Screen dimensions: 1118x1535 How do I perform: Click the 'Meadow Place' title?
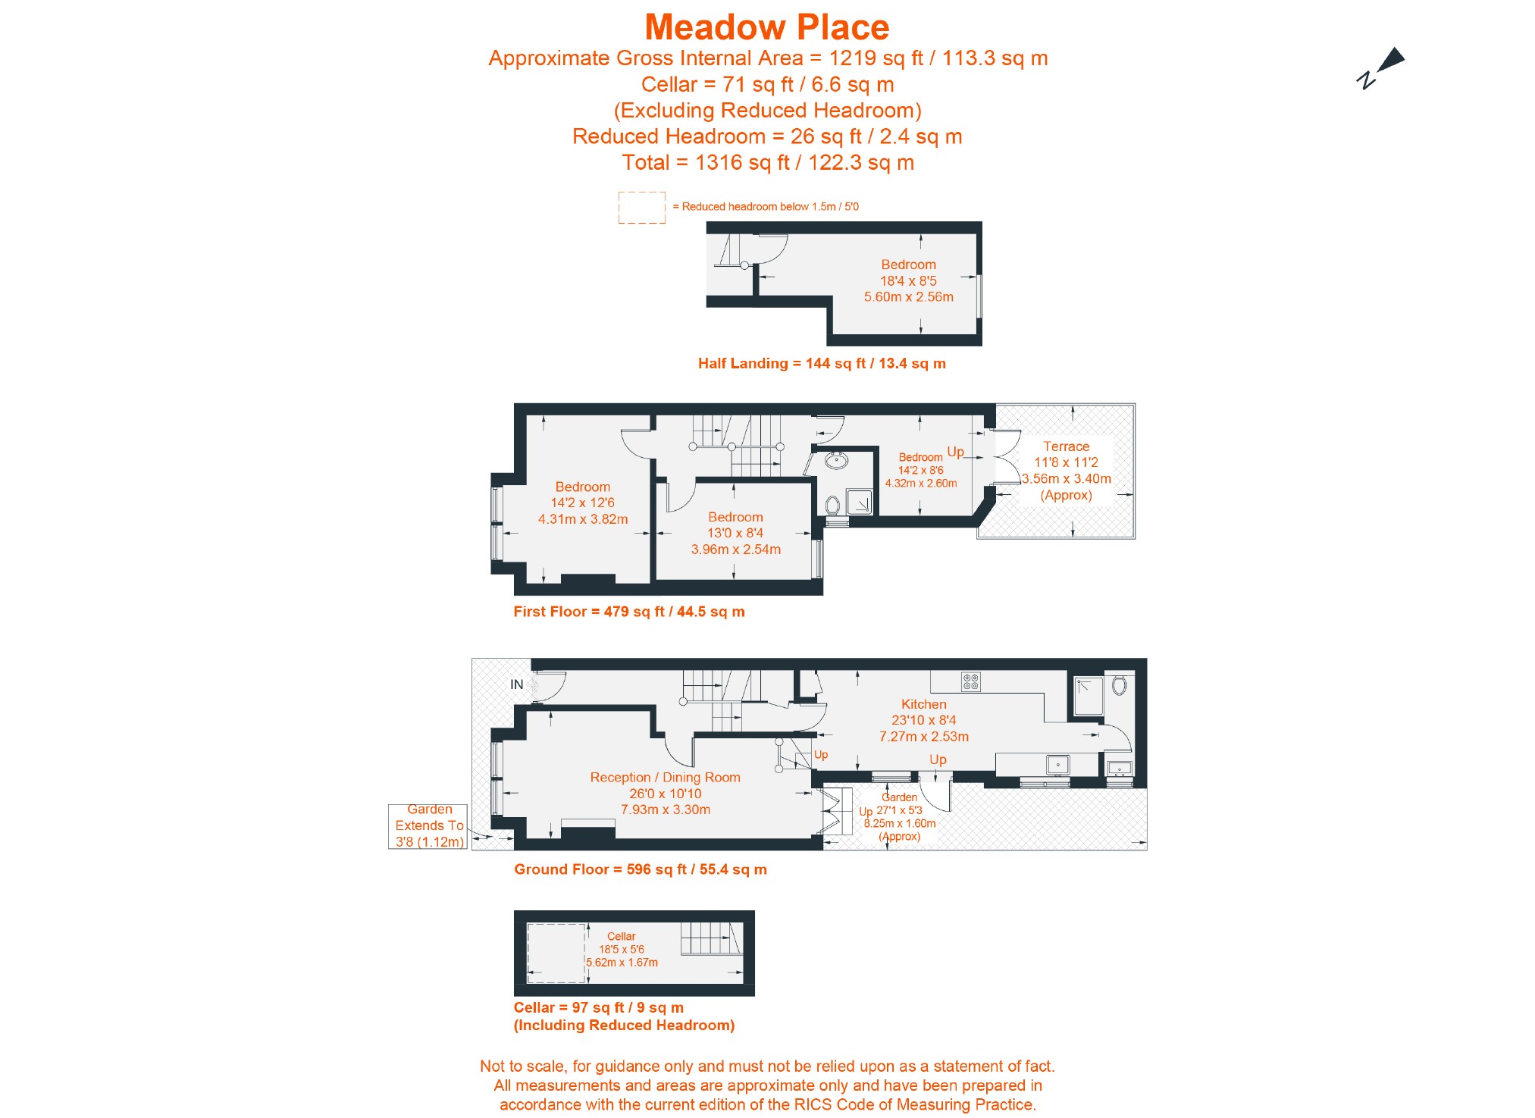click(766, 28)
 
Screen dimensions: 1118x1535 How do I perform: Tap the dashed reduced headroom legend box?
click(641, 208)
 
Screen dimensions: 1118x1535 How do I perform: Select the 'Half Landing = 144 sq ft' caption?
click(822, 364)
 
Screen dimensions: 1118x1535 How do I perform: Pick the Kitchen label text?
click(923, 705)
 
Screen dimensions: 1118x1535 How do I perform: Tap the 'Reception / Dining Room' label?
click(665, 778)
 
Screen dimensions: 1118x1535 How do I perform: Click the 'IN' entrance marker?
click(517, 684)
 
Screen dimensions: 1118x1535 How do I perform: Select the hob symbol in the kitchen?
click(970, 682)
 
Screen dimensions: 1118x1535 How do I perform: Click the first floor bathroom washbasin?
click(837, 460)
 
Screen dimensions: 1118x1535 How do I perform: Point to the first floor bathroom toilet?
click(832, 506)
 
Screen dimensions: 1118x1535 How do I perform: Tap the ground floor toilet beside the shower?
click(1120, 686)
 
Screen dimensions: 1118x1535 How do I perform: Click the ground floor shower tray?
click(1089, 696)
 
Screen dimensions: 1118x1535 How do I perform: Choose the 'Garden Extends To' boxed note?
click(428, 826)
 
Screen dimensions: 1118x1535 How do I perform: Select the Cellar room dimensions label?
click(622, 950)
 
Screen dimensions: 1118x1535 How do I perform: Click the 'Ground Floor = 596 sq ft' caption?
click(640, 869)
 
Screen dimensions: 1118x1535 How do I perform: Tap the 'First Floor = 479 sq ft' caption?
click(628, 612)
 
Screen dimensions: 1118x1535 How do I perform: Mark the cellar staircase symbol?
click(710, 938)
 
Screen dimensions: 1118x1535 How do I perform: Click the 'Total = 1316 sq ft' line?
click(767, 163)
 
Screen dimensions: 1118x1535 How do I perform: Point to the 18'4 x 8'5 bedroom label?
click(908, 281)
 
